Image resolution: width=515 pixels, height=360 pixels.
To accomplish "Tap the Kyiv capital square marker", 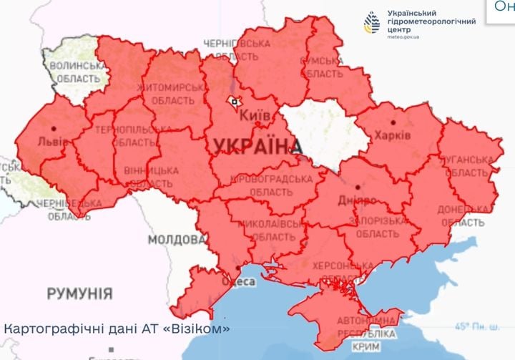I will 234,102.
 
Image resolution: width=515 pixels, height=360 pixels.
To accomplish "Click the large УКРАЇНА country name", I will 255,146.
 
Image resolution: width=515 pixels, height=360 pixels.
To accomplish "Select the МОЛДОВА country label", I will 172,239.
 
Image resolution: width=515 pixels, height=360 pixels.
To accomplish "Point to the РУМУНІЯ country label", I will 79,293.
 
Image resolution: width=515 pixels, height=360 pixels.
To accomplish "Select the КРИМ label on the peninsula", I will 368,346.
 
